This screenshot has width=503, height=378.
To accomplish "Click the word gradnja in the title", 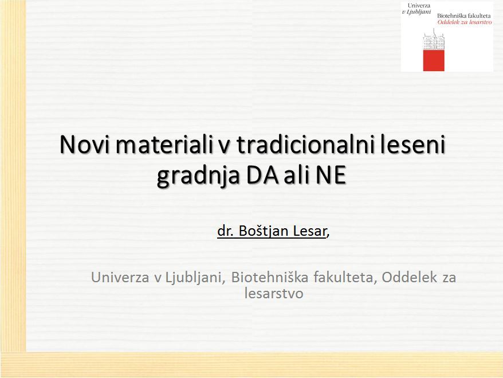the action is [x=199, y=176].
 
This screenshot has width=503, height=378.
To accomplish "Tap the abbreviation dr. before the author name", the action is [x=225, y=231].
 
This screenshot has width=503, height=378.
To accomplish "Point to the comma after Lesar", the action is [x=328, y=236].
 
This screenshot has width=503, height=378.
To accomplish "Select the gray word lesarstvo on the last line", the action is [x=274, y=293].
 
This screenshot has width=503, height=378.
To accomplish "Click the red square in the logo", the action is [x=434, y=60].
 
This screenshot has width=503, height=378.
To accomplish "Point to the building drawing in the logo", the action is [x=434, y=40].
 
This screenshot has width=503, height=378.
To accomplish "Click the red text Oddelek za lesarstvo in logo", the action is [x=465, y=22].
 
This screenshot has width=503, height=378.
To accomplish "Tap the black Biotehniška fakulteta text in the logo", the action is [x=464, y=15].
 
